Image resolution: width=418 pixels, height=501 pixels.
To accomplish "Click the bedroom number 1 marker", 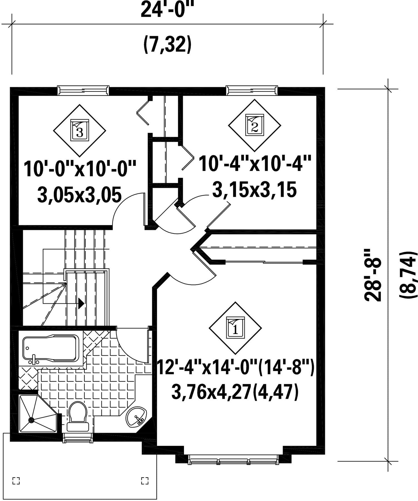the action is click(235, 328).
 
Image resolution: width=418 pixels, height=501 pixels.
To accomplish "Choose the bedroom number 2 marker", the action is click(255, 125).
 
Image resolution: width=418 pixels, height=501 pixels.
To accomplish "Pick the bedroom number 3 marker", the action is click(79, 130).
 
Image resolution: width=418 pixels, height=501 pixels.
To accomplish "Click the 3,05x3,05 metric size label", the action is click(79, 195).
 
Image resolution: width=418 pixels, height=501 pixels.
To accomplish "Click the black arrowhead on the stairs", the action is click(81, 303).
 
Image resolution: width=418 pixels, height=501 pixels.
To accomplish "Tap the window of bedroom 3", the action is click(83, 90).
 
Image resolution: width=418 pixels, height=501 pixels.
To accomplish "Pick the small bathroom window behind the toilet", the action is click(77, 438).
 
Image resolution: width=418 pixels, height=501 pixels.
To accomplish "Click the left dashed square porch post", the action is click(16, 480).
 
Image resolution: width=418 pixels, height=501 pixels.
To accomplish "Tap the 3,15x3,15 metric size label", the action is click(254, 190).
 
